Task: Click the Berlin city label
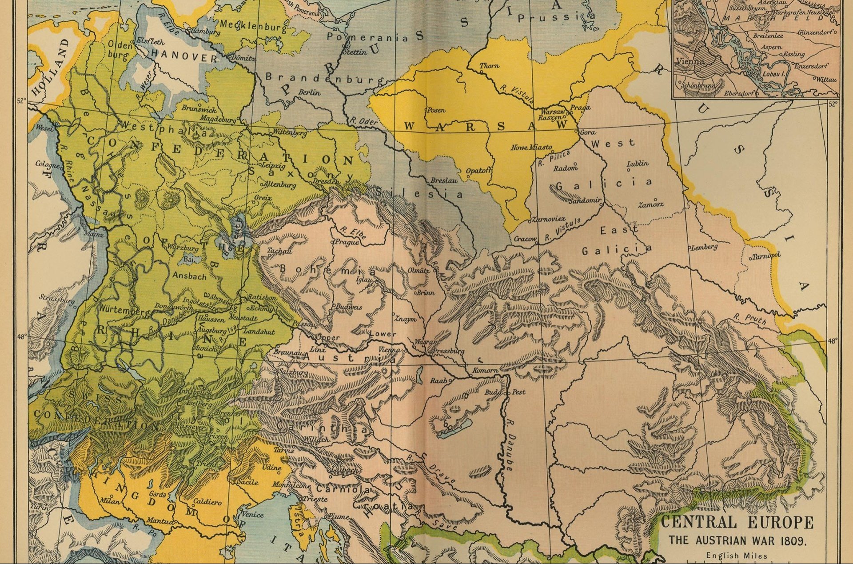pyautogui.click(x=309, y=92)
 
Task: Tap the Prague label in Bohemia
pyautogui.click(x=347, y=242)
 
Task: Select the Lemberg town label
pyautogui.click(x=705, y=247)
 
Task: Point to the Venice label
pyautogui.click(x=252, y=515)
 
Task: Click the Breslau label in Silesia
pyautogui.click(x=443, y=181)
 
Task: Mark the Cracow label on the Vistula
pyautogui.click(x=525, y=239)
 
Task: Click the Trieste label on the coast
pyautogui.click(x=315, y=499)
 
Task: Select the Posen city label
pyautogui.click(x=436, y=110)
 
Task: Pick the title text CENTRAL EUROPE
pyautogui.click(x=737, y=522)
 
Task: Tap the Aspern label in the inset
pyautogui.click(x=771, y=47)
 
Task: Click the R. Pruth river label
pyautogui.click(x=750, y=319)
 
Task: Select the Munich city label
pyautogui.click(x=205, y=349)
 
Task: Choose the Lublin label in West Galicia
pyautogui.click(x=638, y=164)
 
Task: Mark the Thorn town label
pyautogui.click(x=489, y=66)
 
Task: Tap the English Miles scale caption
pyautogui.click(x=736, y=555)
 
